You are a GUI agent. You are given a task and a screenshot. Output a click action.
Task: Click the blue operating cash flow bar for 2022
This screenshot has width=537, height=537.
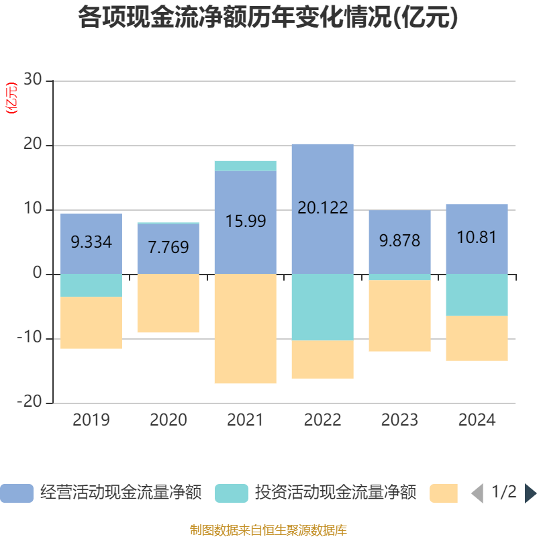tap(322, 175)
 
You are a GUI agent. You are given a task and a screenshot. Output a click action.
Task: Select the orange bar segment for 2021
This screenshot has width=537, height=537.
tap(245, 329)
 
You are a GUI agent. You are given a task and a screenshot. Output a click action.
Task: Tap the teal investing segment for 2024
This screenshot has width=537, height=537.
tap(477, 295)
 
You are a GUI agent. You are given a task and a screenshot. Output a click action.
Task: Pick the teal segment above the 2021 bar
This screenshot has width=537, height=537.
tap(245, 166)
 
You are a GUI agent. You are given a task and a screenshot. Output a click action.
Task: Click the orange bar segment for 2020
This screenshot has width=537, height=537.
tap(168, 303)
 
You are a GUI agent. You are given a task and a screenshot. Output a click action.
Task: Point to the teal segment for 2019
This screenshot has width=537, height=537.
tap(91, 285)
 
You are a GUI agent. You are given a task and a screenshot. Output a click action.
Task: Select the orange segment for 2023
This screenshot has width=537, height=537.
tap(399, 315)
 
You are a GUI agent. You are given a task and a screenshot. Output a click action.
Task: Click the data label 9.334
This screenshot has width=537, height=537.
tap(91, 242)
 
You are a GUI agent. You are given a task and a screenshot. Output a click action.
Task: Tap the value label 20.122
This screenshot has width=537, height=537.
tap(322, 207)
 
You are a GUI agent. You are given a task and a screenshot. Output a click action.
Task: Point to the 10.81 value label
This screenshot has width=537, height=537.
tap(477, 237)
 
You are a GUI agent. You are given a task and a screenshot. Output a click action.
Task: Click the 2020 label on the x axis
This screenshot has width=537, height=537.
tap(168, 420)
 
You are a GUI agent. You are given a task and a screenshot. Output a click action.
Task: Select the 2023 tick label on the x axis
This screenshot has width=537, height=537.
tap(399, 420)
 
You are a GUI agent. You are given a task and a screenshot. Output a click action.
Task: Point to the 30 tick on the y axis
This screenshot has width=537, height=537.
tap(32, 81)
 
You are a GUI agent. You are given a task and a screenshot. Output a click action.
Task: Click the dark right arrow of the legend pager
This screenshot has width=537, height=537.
tap(530, 493)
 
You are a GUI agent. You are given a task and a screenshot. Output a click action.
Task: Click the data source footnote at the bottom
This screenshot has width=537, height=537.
tap(268, 530)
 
